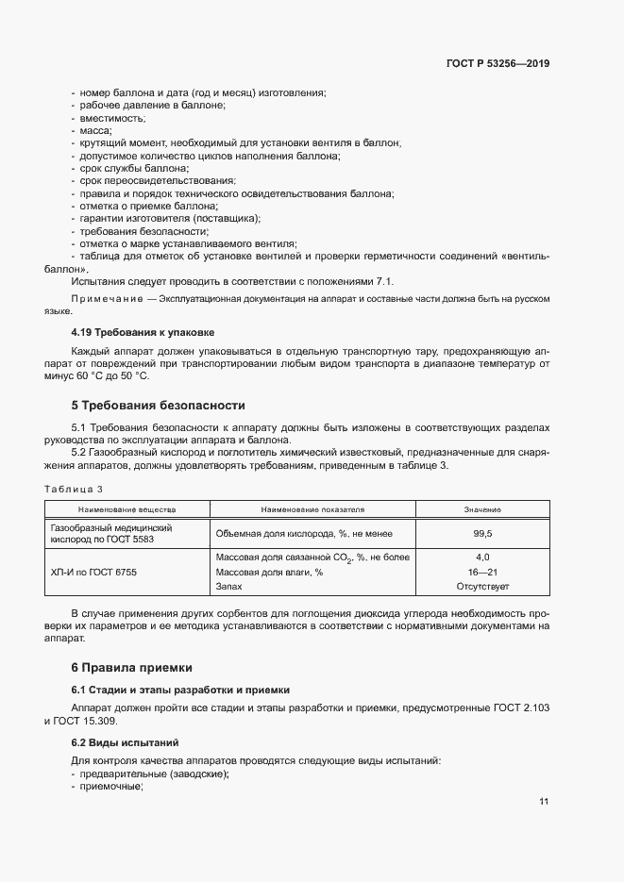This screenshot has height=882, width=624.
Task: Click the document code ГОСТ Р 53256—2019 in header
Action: pos(498,64)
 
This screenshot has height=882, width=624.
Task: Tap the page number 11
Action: pos(544,802)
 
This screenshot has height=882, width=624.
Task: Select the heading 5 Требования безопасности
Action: pos(158,406)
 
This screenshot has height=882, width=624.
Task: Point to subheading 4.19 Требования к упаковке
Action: pos(143,332)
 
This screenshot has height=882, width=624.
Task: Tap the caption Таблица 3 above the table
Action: pos(74,489)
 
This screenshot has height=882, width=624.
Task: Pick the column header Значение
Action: pos(482,509)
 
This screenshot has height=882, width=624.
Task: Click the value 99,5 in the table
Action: pos(482,533)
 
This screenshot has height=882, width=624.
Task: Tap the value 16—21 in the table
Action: pos(482,572)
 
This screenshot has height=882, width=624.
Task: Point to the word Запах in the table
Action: pos(229,586)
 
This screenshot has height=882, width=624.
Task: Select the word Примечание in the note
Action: pos(104,298)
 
